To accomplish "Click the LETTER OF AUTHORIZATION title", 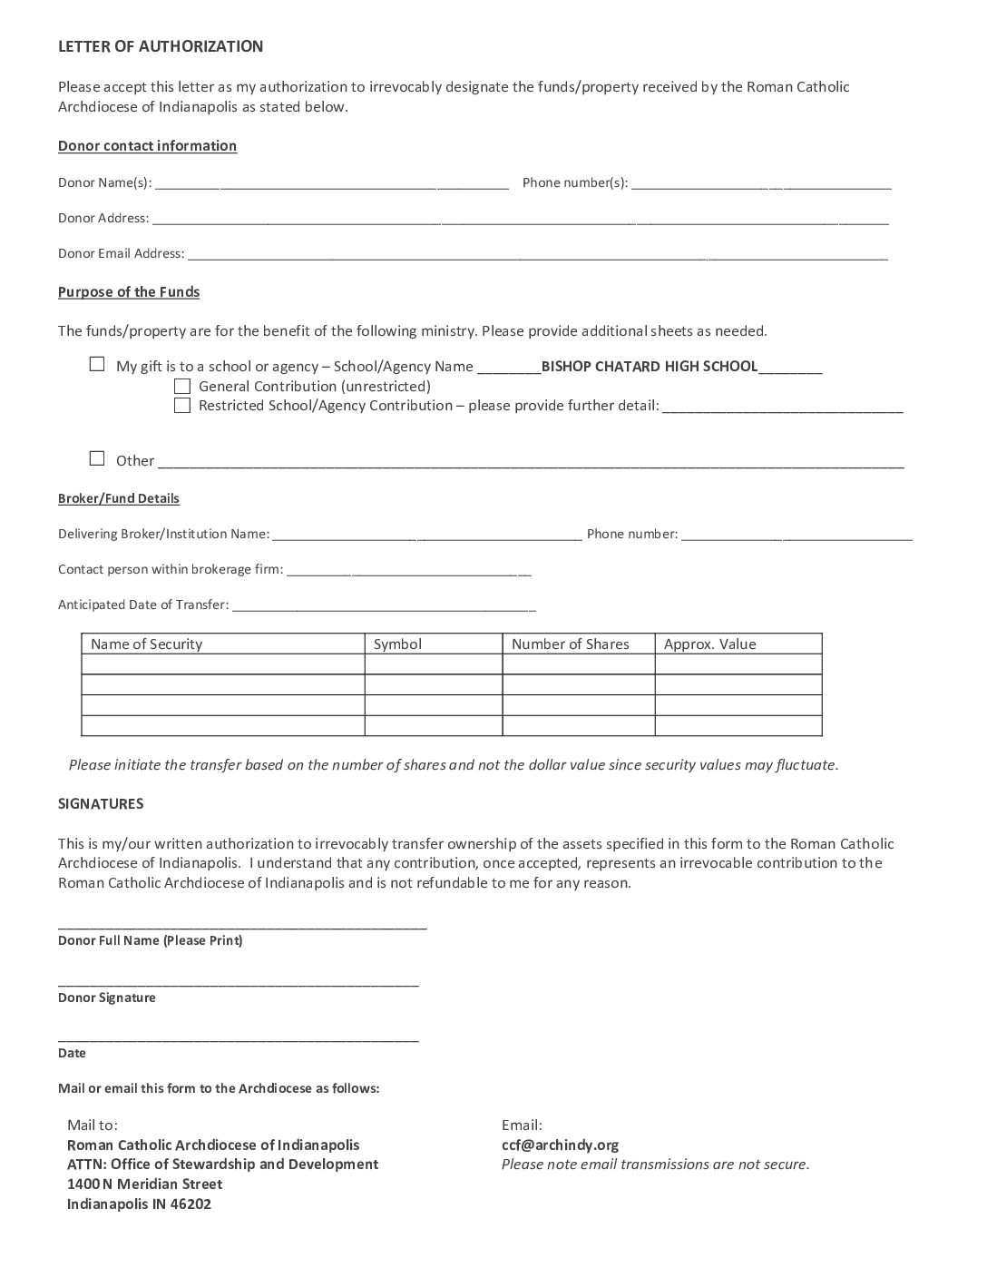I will pyautogui.click(x=161, y=46).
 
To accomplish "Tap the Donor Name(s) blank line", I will pyautogui.click(x=331, y=184).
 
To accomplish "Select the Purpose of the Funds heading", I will pyautogui.click(x=129, y=291).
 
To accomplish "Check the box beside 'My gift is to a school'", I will pyautogui.click(x=97, y=365).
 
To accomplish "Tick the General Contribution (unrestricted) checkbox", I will pyautogui.click(x=182, y=386).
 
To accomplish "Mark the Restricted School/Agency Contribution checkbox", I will pyautogui.click(x=182, y=405).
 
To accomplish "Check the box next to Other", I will pyautogui.click(x=97, y=458).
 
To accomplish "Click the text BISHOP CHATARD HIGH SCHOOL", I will pyautogui.click(x=649, y=366).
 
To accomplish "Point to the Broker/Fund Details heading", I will pyautogui.click(x=119, y=498).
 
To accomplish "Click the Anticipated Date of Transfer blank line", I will pyautogui.click(x=384, y=606).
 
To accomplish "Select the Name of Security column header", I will pyautogui.click(x=146, y=644).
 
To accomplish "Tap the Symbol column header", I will pyautogui.click(x=397, y=644).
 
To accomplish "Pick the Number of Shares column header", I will pyautogui.click(x=570, y=644).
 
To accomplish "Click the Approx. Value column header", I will pyautogui.click(x=709, y=644).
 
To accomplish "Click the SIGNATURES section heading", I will pyautogui.click(x=101, y=803).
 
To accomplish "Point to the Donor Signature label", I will pyautogui.click(x=107, y=998).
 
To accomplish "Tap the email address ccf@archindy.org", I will pyautogui.click(x=560, y=1145).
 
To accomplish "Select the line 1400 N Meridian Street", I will pyautogui.click(x=144, y=1184).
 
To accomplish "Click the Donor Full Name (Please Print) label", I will pyautogui.click(x=150, y=940).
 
